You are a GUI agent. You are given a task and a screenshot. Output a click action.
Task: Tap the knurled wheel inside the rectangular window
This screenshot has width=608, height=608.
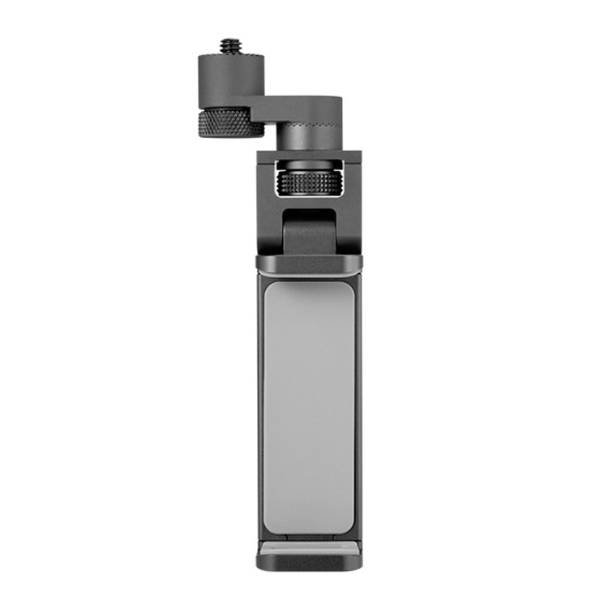(309, 182)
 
